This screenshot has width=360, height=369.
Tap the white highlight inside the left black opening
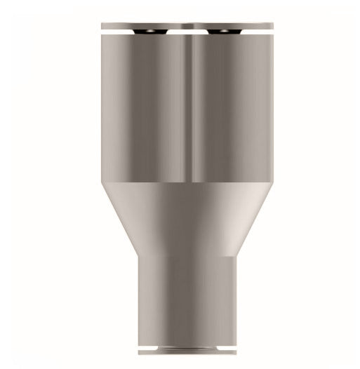[x=149, y=32]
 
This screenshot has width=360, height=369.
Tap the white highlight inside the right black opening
[x=225, y=32]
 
